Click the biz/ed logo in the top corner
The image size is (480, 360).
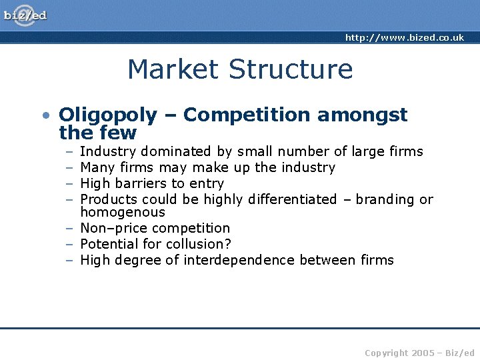[x=25, y=15]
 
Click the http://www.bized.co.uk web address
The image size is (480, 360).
[x=404, y=38]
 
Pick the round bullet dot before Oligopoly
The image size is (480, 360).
[x=44, y=116]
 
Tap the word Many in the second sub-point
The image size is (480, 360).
[x=97, y=167]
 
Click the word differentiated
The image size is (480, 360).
[x=292, y=199]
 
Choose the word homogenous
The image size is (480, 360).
[x=123, y=213]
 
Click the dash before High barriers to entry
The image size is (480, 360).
[x=69, y=183]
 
